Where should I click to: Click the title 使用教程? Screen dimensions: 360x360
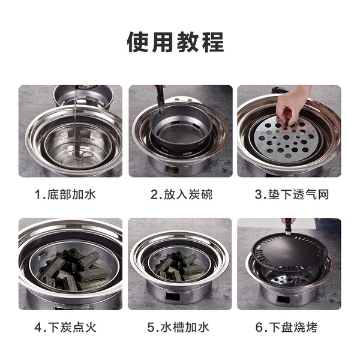(x=176, y=42)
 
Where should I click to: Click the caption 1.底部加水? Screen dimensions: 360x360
(x=65, y=194)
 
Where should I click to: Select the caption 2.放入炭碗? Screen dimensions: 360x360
(x=181, y=194)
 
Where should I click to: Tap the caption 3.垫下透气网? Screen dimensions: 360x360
(x=292, y=194)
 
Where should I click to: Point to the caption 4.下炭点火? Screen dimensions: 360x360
(x=65, y=327)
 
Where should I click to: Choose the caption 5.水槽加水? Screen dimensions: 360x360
(x=178, y=327)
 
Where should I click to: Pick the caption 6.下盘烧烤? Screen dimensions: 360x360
(x=286, y=327)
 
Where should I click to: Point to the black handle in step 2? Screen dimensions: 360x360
(x=161, y=98)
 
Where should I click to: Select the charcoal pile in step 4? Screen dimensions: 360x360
(x=76, y=270)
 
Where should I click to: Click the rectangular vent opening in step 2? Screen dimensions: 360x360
(x=172, y=170)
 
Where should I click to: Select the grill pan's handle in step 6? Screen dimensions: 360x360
(x=287, y=227)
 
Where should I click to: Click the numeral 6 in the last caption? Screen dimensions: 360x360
(x=259, y=328)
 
